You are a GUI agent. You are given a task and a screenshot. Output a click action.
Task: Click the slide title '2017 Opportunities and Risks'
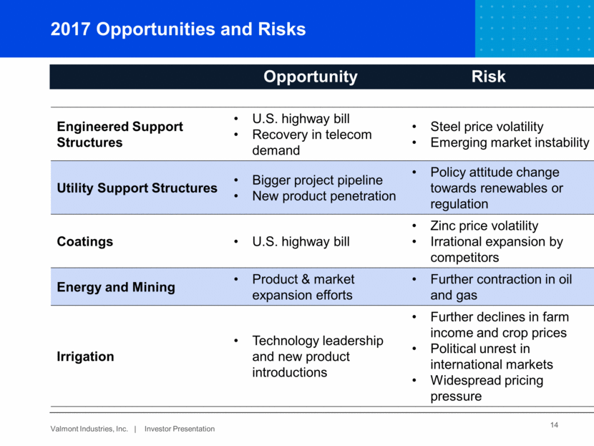[178, 29]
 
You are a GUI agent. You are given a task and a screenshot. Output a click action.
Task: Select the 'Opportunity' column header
[311, 77]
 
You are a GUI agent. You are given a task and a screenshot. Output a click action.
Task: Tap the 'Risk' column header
[488, 77]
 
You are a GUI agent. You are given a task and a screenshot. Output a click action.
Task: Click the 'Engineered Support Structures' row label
[120, 135]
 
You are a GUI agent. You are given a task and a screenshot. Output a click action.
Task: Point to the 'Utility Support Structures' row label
[137, 188]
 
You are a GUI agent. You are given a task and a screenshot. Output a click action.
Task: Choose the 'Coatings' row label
[85, 242]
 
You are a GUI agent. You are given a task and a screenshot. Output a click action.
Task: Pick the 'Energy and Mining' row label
[116, 287]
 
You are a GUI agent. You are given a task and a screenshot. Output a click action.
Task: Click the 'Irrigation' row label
[85, 357]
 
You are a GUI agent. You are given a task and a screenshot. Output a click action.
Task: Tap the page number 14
[554, 425]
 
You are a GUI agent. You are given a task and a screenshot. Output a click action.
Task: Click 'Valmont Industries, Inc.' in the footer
[89, 429]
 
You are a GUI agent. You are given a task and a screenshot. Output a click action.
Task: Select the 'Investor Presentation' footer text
[180, 429]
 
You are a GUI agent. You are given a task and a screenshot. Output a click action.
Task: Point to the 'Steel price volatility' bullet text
[487, 127]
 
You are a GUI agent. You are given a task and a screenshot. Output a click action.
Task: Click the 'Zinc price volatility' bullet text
[484, 226]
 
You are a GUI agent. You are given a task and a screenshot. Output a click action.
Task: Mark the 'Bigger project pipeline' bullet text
[318, 180]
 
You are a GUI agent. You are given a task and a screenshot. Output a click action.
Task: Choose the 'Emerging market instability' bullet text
[510, 142]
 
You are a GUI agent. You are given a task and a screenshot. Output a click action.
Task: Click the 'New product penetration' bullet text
[324, 196]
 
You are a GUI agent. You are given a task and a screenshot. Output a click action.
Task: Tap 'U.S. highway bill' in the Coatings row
[301, 242]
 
